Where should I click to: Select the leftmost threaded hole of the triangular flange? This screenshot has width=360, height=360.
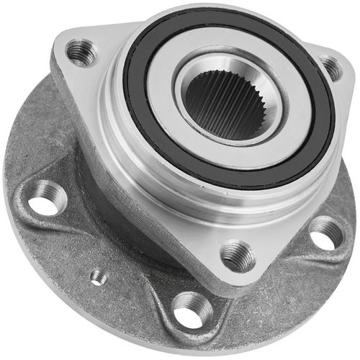pos(81,53)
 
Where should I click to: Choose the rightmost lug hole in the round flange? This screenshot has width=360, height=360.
pos(326,233)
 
